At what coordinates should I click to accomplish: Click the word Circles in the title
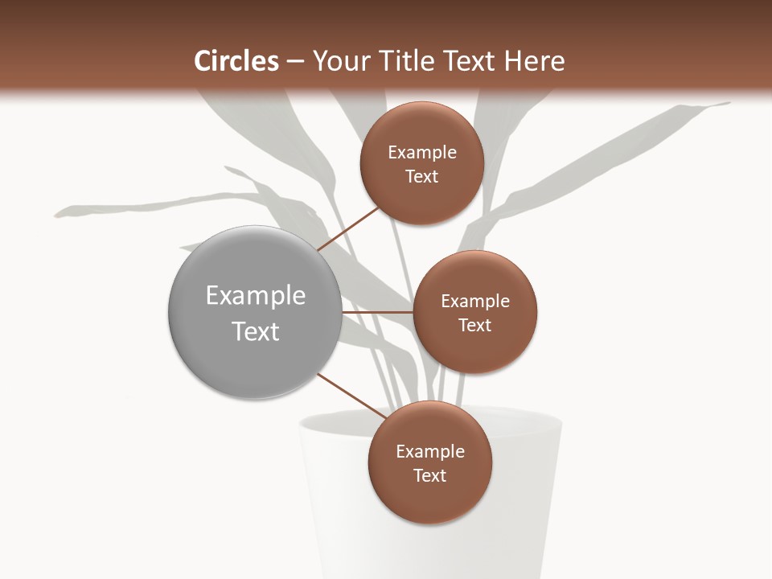tap(236, 61)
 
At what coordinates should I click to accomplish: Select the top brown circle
tap(421, 197)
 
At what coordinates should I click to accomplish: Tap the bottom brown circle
tap(429, 499)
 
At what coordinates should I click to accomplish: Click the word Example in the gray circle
tap(255, 296)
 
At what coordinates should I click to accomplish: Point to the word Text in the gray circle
tap(255, 331)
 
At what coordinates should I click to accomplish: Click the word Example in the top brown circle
tap(421, 153)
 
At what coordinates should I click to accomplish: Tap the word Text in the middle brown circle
tap(474, 325)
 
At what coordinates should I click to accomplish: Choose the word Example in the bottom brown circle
tap(429, 452)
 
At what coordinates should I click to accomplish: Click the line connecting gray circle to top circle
tap(348, 228)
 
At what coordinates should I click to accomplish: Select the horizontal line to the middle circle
tap(378, 312)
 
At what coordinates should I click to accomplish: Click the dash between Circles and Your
tap(295, 61)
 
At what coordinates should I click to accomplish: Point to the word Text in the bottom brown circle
tap(429, 475)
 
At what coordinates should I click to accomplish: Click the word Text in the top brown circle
tap(421, 176)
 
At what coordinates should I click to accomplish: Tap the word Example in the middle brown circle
tap(474, 302)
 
